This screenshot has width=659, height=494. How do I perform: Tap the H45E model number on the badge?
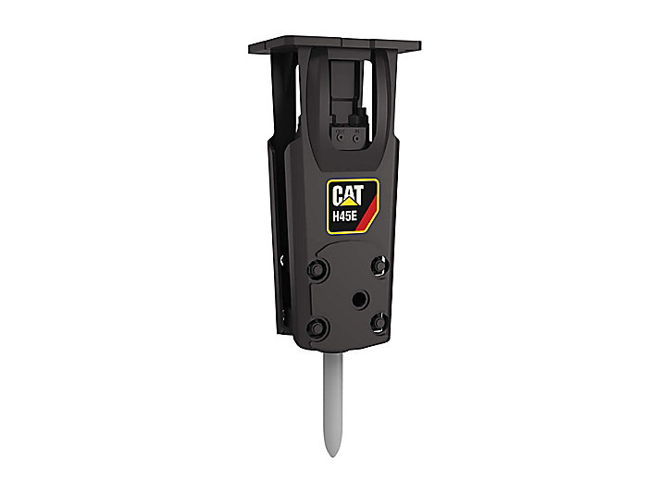point(344,216)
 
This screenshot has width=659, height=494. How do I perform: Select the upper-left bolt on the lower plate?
point(317,269)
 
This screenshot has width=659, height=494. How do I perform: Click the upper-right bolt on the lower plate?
point(379,266)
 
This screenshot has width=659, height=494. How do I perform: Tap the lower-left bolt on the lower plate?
point(317,327)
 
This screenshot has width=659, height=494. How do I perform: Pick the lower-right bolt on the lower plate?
point(379,322)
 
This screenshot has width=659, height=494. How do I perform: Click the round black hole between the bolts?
point(360,300)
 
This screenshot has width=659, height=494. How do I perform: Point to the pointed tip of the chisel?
point(333,455)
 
